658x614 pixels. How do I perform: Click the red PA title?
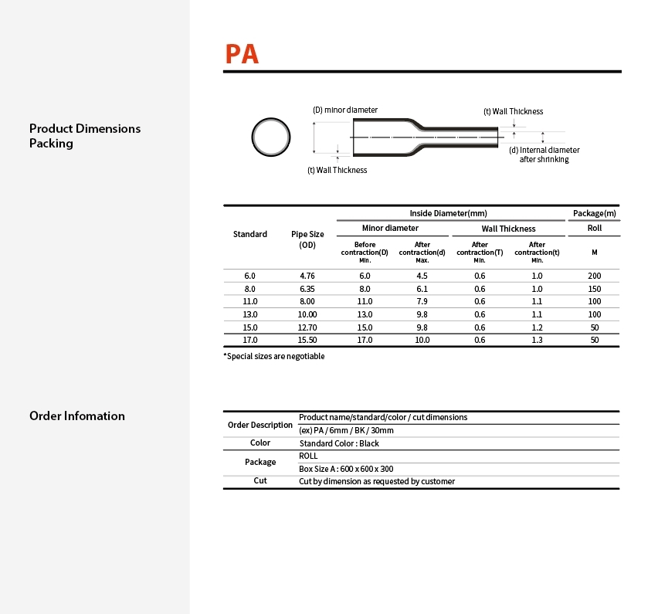tap(242, 54)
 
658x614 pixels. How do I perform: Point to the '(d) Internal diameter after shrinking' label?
tap(544, 154)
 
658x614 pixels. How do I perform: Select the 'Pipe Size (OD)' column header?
tap(307, 239)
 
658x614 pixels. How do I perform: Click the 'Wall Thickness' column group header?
tap(508, 229)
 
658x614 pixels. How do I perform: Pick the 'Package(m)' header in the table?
tap(594, 213)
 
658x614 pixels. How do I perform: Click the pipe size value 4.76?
tap(307, 276)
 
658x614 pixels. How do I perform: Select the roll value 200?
tap(594, 276)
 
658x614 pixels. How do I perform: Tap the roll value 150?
tap(594, 289)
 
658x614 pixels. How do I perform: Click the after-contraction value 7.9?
tap(422, 301)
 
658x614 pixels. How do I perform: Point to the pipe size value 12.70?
tap(307, 327)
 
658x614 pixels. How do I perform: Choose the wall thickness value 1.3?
tap(537, 340)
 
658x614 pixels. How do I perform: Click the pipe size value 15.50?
tap(307, 340)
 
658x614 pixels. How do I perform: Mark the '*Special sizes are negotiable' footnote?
tap(274, 356)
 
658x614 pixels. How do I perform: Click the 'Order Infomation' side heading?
tap(77, 416)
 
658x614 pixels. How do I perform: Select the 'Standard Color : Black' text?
tap(339, 443)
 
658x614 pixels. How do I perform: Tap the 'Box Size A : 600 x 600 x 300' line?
tap(346, 469)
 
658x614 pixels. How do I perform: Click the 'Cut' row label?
tap(260, 480)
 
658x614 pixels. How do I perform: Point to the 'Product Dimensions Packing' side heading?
tap(85, 135)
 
